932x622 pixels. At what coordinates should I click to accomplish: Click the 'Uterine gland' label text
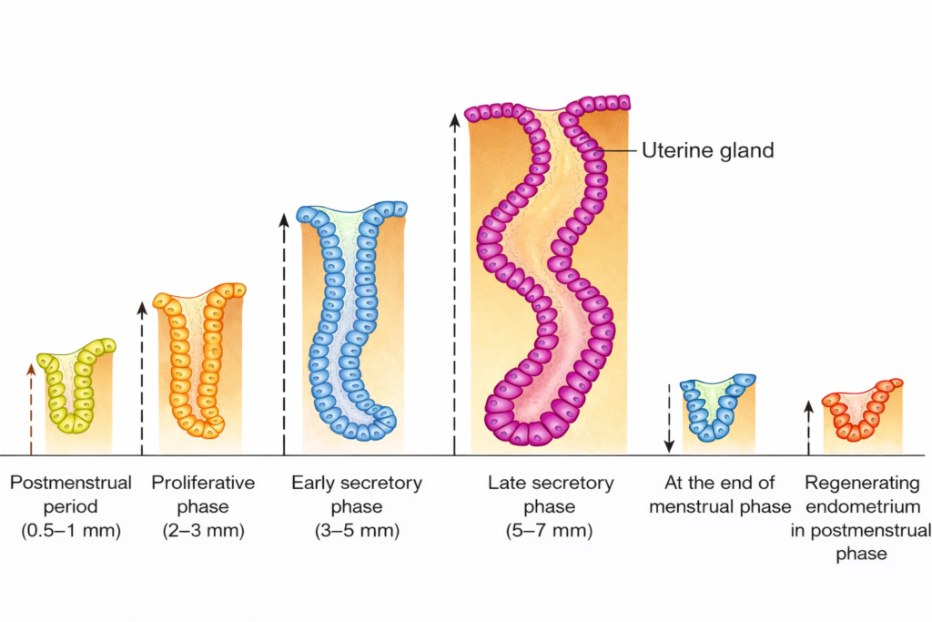tap(707, 150)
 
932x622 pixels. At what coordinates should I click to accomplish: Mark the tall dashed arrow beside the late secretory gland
tap(455, 282)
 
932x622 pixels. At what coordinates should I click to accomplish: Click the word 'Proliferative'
tap(203, 483)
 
